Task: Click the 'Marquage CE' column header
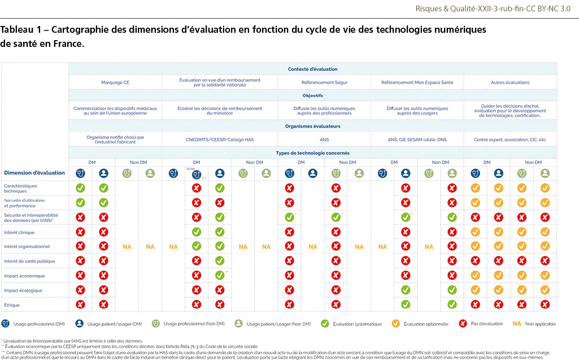(115, 83)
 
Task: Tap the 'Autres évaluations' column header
(510, 83)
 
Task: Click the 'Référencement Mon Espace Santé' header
(417, 83)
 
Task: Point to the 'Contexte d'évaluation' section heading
(312, 69)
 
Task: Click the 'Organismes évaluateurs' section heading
(312, 126)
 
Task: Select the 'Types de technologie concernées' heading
(312, 153)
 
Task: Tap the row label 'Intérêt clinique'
(19, 232)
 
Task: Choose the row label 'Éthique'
(12, 305)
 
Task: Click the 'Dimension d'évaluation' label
(34, 173)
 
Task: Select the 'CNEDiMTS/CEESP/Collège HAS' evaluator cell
(219, 139)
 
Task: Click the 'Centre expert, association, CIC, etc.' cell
(510, 139)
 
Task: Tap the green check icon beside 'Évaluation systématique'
(324, 324)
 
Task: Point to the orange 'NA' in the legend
(516, 324)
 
